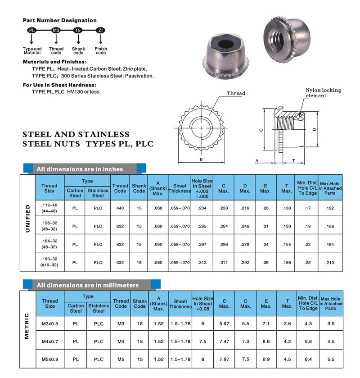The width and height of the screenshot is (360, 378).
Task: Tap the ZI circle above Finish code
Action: pyautogui.click(x=101, y=30)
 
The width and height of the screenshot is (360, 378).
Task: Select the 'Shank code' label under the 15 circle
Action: pyautogui.click(x=78, y=51)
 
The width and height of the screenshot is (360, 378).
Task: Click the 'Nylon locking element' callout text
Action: pyautogui.click(x=323, y=93)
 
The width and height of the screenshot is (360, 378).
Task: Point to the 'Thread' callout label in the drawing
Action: pyautogui.click(x=236, y=93)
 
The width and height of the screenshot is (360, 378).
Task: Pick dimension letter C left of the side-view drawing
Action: pyautogui.click(x=261, y=129)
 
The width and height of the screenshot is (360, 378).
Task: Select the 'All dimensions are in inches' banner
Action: pyautogui.click(x=80, y=169)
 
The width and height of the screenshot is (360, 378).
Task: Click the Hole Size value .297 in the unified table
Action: pyautogui.click(x=202, y=244)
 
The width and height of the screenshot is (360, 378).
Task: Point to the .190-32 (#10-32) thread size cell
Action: pyautogui.click(x=49, y=262)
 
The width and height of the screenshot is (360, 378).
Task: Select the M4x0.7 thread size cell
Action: pyautogui.click(x=50, y=341)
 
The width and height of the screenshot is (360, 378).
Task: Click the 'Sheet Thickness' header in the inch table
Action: pyautogui.click(x=180, y=188)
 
